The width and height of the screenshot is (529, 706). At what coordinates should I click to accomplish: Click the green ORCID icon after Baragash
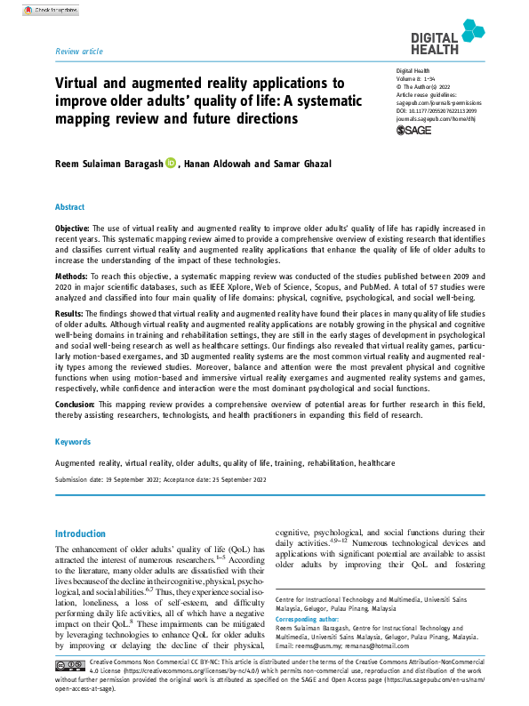(x=171, y=162)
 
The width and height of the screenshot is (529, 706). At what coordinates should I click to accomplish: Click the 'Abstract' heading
(x=70, y=206)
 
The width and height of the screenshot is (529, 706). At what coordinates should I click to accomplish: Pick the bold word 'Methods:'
(x=73, y=277)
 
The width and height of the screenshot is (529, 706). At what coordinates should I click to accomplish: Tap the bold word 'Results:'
(x=71, y=315)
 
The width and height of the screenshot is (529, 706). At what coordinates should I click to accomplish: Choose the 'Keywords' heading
(x=72, y=441)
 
